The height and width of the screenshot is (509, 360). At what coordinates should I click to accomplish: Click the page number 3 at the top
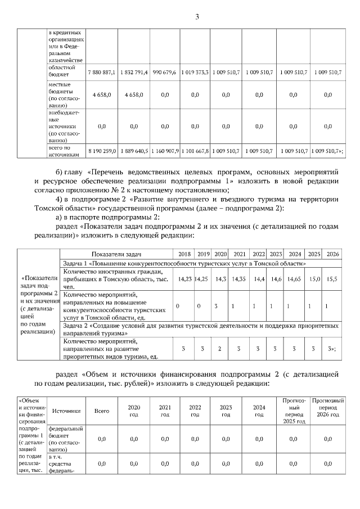[x=197, y=16]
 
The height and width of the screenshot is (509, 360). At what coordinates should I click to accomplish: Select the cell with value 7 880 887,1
[x=102, y=73]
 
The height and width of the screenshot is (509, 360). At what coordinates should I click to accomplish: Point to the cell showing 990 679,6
[x=164, y=73]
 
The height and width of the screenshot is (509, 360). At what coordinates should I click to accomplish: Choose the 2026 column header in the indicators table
[x=332, y=254]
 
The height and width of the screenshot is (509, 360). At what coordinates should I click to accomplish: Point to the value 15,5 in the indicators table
[x=332, y=278]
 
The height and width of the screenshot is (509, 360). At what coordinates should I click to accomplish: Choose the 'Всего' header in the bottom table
[x=102, y=411]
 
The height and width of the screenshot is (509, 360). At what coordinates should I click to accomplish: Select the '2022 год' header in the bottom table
[x=195, y=411]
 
